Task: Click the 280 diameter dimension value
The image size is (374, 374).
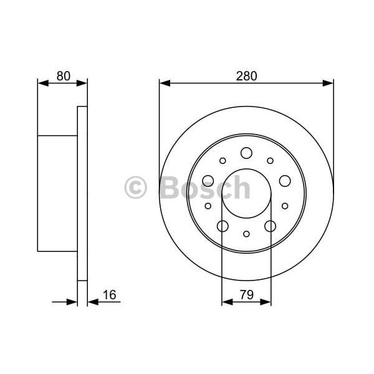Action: (246, 76)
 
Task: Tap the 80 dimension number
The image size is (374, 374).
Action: (62, 76)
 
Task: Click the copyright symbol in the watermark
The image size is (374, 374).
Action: (136, 188)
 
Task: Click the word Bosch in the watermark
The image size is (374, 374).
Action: (205, 188)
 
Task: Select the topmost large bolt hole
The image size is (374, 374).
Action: (246, 153)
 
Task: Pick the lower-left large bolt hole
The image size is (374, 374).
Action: (223, 226)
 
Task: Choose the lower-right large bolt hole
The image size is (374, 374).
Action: (270, 226)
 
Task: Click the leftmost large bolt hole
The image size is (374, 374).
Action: (208, 181)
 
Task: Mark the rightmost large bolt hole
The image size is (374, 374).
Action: (285, 181)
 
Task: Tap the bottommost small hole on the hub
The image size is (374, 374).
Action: (246, 234)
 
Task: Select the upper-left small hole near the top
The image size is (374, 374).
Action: (223, 161)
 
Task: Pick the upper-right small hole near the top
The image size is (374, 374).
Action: (270, 161)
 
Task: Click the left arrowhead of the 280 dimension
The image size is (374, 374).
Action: (163, 82)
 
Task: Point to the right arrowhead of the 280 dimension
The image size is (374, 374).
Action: (330, 82)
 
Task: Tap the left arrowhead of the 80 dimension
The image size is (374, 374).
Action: (42, 82)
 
